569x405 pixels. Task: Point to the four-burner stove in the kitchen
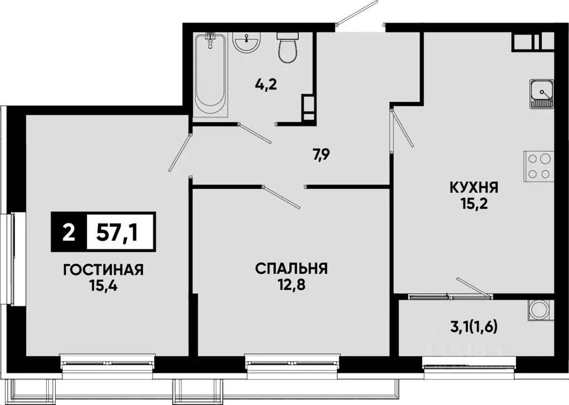pyautogui.click(x=539, y=165)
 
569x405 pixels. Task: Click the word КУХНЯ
pyautogui.click(x=474, y=187)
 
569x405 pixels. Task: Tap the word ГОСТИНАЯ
pyautogui.click(x=103, y=270)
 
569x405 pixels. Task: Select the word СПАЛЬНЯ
pyautogui.click(x=291, y=269)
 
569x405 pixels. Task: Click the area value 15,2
pyautogui.click(x=474, y=204)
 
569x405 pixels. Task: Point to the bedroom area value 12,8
pyautogui.click(x=291, y=285)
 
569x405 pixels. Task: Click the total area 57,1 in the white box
pyautogui.click(x=120, y=231)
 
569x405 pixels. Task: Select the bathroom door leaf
pyautogui.click(x=254, y=134)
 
